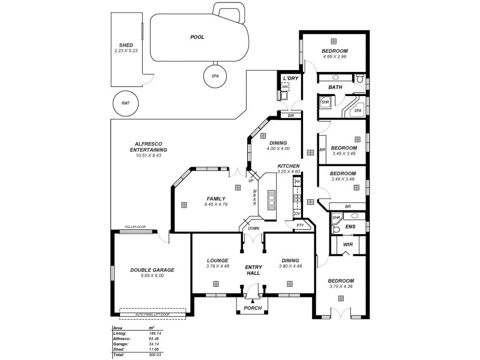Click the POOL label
tap(197, 37)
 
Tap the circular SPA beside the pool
tap(215, 76)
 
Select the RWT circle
tap(125, 103)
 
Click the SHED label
tap(126, 45)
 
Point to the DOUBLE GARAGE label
tap(152, 270)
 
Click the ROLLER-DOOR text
tap(135, 227)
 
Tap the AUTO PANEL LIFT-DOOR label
tap(152, 313)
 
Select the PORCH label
tap(253, 308)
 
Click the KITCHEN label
tap(289, 166)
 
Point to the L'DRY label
tap(290, 78)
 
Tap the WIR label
tap(347, 245)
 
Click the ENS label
tap(351, 227)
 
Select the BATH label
tap(335, 88)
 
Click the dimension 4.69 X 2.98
tap(335, 57)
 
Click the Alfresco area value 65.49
tap(155, 339)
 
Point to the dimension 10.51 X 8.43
tap(150, 155)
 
